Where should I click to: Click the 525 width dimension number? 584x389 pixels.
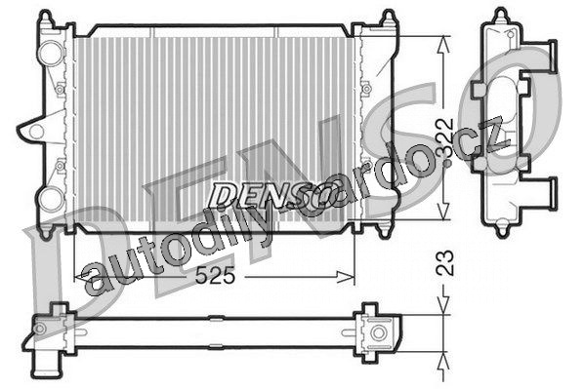point(215,276)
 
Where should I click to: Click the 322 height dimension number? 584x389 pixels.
point(445,137)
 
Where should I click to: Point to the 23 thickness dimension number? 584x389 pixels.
point(445,262)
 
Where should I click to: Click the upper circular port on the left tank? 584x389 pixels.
point(51,54)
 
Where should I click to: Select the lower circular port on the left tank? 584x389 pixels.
point(51,200)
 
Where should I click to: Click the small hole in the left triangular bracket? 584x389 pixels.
point(36,132)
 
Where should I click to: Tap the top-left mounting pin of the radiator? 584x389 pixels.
point(46,18)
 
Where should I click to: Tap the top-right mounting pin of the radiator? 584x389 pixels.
point(389,18)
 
